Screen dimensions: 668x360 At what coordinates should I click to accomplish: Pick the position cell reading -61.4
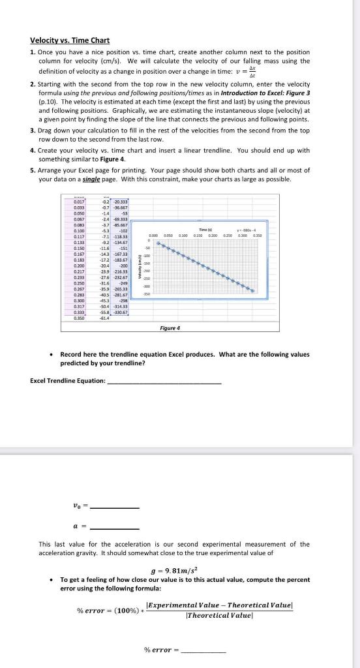[x=104, y=318]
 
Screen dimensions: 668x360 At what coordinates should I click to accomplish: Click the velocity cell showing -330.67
[x=121, y=312]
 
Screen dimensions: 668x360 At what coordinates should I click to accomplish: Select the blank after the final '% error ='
[x=204, y=631]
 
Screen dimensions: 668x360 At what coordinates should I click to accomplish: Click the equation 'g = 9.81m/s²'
[x=179, y=567]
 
